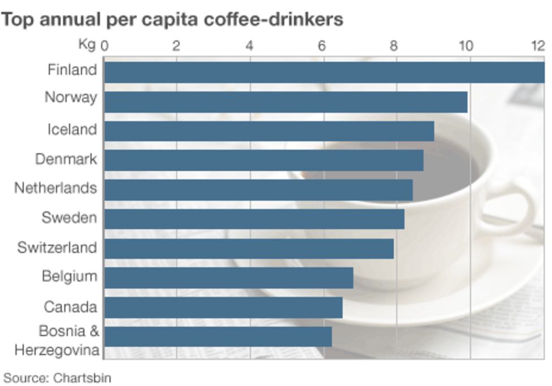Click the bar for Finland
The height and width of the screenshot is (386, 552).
pyautogui.click(x=324, y=72)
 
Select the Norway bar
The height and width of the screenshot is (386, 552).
pyautogui.click(x=286, y=102)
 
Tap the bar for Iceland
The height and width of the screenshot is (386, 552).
pyautogui.click(x=269, y=131)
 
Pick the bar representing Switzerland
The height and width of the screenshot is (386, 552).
pyautogui.click(x=249, y=249)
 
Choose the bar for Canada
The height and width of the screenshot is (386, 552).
pyautogui.click(x=223, y=307)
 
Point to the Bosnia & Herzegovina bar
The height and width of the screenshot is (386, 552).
pyautogui.click(x=218, y=336)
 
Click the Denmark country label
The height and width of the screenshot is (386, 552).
pyautogui.click(x=66, y=159)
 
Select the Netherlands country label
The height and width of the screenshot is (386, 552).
pyautogui.click(x=55, y=188)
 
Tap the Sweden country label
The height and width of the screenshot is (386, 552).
pyautogui.click(x=69, y=218)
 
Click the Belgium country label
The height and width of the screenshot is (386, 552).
pyautogui.click(x=69, y=276)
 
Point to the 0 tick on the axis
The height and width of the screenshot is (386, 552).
pyautogui.click(x=104, y=46)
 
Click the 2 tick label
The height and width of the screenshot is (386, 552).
pyautogui.click(x=176, y=46)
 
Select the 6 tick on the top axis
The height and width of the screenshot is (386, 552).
pyautogui.click(x=322, y=46)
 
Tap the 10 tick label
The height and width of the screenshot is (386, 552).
pyautogui.click(x=465, y=46)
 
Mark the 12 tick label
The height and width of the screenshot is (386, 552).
pyautogui.click(x=537, y=46)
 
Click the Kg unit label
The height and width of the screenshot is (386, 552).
pyautogui.click(x=88, y=45)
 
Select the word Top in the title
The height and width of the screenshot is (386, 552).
pyautogui.click(x=16, y=20)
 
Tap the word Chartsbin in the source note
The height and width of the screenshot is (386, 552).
pyautogui.click(x=83, y=378)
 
